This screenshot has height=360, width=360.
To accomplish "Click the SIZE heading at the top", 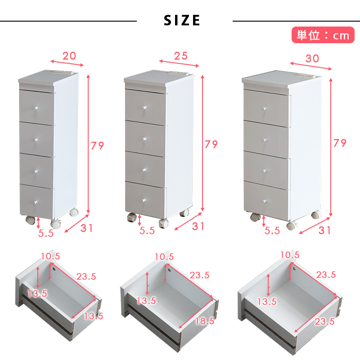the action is pos(182,20).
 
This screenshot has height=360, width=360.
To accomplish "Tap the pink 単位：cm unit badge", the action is pos(323,35).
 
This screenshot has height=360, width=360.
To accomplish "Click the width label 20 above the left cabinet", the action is pos(69,56).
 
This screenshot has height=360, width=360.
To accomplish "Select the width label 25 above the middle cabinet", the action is pos(181,56).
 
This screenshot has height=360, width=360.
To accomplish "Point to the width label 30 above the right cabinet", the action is pos(312,58).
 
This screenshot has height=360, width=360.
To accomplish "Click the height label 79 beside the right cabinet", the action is pos(340,143).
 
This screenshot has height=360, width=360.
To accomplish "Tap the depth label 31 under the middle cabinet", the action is pos(198,226).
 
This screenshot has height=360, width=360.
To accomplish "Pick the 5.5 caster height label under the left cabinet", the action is pos(46,233).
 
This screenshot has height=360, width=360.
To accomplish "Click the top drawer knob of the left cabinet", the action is pos(36,108).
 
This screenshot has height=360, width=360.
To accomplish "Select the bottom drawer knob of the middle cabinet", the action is pos(144,200).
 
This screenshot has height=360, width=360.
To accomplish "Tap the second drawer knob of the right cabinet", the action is pos(265,139).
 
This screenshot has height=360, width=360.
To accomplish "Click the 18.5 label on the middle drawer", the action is pos(205,321).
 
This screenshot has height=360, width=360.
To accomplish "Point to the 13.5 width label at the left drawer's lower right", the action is pos(94,316).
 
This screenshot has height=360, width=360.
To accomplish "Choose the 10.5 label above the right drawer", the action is pos(290,255).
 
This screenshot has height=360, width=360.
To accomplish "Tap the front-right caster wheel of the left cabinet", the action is pos(56,224).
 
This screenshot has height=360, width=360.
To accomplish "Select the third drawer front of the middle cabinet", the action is pos(145,169).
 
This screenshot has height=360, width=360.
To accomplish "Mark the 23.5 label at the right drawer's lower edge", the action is pos(324,321).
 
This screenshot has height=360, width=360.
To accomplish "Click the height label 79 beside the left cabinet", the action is pos(97,145).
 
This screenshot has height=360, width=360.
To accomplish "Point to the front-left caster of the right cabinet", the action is pos(255,217).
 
